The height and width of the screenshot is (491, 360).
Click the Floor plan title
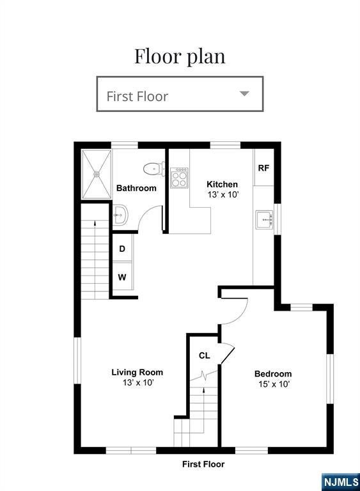click(x=180, y=56)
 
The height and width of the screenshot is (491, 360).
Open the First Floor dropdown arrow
click(x=244, y=93)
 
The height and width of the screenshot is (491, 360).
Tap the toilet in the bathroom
click(x=154, y=169)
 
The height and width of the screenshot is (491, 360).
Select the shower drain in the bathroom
click(x=97, y=173)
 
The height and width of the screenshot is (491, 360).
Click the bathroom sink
click(x=120, y=215)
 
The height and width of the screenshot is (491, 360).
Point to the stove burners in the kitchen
click(x=180, y=178)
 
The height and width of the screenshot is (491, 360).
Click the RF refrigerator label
click(x=263, y=168)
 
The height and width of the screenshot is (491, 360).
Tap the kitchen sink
click(x=265, y=220)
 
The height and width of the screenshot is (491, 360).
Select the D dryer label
click(x=122, y=249)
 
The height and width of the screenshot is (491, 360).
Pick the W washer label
click(x=122, y=277)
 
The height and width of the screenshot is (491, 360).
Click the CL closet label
click(x=204, y=355)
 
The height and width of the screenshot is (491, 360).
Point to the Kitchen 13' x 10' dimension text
click(x=223, y=194)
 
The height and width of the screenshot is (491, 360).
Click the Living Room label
click(x=137, y=372)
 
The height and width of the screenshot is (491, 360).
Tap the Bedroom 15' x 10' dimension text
click(x=274, y=384)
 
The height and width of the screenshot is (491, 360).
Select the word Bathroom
click(x=136, y=188)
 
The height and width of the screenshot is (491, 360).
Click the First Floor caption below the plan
click(x=203, y=464)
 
